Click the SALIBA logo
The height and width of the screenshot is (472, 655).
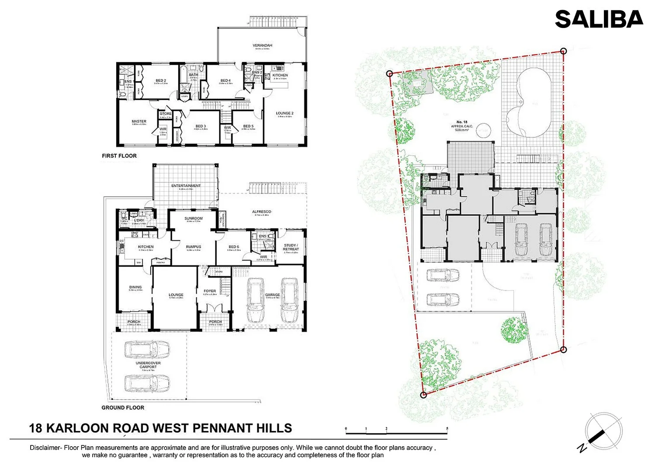[599, 20]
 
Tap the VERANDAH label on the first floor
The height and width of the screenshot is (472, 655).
[262, 45]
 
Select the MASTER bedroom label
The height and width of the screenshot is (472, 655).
[139, 121]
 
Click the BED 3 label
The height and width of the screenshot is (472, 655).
[201, 126]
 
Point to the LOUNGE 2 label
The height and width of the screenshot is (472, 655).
[284, 113]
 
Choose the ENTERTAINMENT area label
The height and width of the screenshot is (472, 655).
[186, 186]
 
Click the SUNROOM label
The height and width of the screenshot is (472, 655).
[193, 218]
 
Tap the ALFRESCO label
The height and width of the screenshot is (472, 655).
[261, 212]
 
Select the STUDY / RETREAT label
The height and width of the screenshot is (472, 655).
[291, 247]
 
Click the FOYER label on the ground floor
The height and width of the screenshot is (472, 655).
[210, 291]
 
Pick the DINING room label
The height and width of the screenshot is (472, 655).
[135, 287]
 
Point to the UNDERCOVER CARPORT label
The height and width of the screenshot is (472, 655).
[148, 365]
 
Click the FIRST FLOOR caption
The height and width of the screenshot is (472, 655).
[119, 156]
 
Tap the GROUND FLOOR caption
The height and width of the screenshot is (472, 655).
[123, 407]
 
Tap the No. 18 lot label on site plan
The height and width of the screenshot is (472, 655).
[462, 122]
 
